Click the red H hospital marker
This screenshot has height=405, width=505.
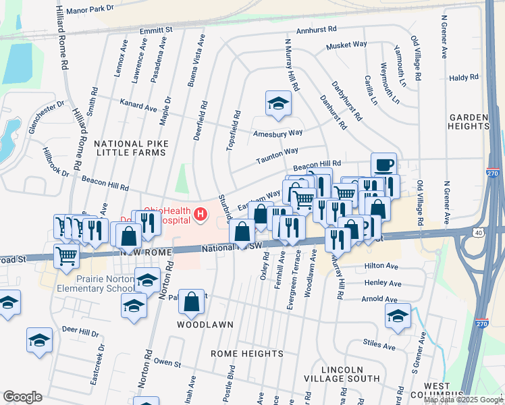[200, 215]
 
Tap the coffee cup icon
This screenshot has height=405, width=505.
[383, 165]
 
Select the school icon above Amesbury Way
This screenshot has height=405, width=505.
[277, 103]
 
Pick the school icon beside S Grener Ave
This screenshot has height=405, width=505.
[398, 315]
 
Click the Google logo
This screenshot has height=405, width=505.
[22, 396]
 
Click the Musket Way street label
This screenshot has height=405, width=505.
[346, 46]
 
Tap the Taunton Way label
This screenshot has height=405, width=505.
[277, 157]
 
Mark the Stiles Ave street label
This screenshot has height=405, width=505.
[377, 343]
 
